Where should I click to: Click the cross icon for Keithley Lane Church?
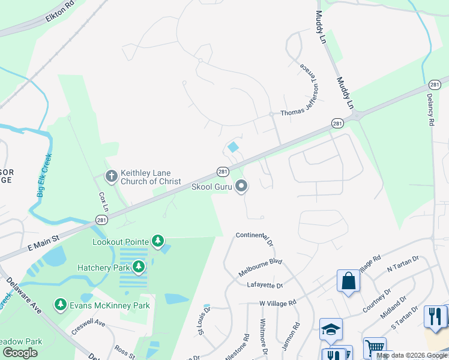[111, 176]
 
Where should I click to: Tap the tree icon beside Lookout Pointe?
[157, 242]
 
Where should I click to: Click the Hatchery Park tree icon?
[139, 266]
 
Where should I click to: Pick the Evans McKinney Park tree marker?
[60, 305]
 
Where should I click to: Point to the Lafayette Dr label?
[264, 286]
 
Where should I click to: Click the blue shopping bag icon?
[348, 281]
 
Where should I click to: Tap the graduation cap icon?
[330, 329]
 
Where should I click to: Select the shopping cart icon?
[374, 347]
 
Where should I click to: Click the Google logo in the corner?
[20, 353]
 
